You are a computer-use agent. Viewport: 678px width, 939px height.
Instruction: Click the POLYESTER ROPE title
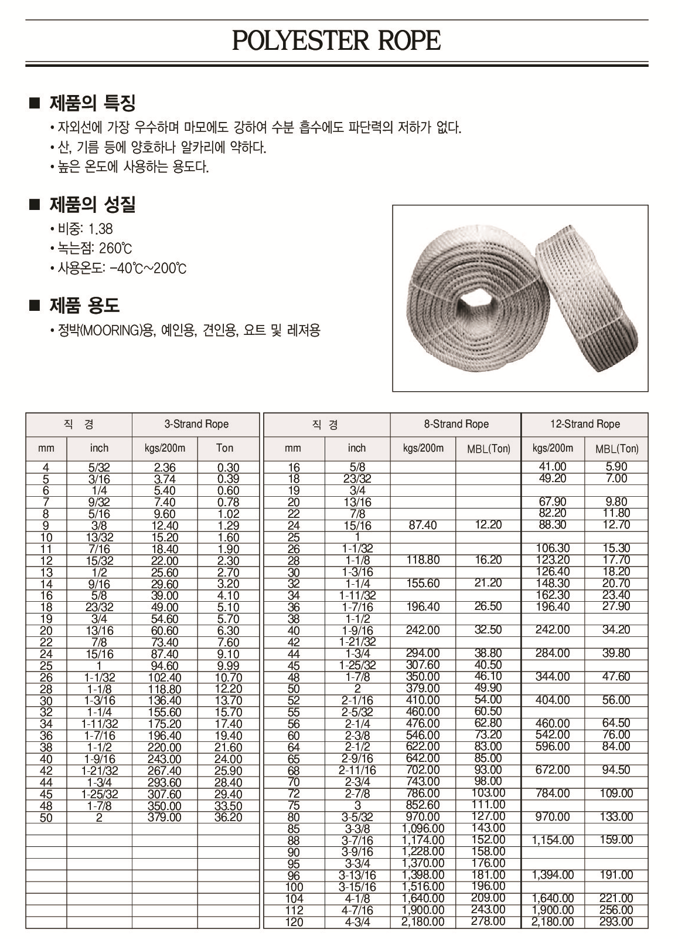pos(336,41)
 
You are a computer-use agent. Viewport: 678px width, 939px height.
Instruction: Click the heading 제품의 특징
pos(92,104)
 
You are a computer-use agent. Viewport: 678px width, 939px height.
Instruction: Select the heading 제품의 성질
pos(92,205)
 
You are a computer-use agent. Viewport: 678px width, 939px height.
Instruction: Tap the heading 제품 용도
pos(84,306)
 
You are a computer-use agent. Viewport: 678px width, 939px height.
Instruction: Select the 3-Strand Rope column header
pos(196,424)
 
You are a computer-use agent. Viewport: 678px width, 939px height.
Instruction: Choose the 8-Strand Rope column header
pos(456,424)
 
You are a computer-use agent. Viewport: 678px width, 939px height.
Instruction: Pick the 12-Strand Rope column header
pos(584,424)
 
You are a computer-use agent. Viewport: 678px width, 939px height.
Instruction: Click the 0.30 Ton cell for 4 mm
pos(228,467)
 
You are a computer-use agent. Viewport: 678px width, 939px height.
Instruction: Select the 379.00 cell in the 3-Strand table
pos(164,818)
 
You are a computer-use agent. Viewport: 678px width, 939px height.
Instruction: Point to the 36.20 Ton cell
pos(228,818)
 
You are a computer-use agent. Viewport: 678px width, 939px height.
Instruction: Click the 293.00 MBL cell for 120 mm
pos(616,921)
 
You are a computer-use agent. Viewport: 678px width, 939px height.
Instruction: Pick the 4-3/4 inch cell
pos(356,922)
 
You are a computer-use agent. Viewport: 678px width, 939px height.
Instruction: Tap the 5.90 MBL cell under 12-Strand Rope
pos(616,467)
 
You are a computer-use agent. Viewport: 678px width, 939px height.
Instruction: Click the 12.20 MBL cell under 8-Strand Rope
pos(488,525)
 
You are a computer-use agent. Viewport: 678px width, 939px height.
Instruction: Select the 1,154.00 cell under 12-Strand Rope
pos(553,840)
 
